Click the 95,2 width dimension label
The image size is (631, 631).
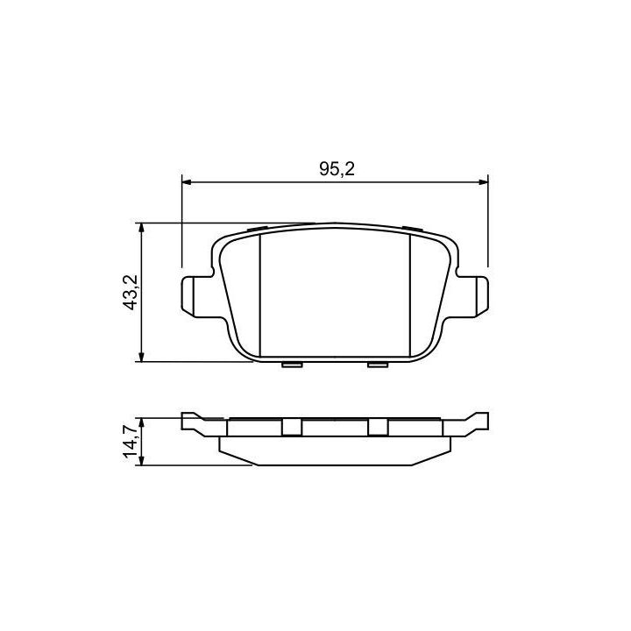[337, 169]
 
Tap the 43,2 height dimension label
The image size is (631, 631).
[130, 293]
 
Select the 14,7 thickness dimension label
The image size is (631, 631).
[131, 442]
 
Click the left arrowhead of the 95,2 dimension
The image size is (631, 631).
[187, 182]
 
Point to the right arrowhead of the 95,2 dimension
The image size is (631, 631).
[483, 182]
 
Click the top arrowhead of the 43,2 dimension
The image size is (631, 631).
[141, 228]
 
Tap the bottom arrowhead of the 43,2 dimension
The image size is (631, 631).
[141, 357]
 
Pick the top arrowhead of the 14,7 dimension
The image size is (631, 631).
[141, 423]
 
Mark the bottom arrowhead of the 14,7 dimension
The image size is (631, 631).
[141, 460]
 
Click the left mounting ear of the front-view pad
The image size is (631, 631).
[196, 296]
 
